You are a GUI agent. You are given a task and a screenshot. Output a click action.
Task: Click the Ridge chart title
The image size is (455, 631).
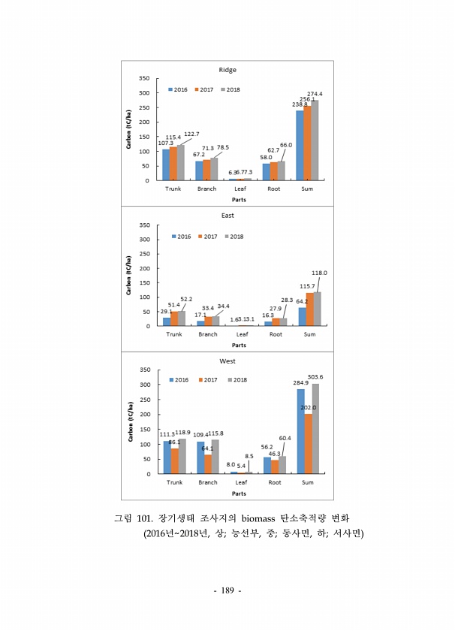coord(227,70)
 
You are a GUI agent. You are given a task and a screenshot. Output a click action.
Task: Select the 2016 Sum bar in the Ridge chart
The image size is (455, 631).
coord(300,145)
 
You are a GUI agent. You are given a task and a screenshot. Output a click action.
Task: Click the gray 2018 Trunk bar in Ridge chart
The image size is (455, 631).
coord(180,162)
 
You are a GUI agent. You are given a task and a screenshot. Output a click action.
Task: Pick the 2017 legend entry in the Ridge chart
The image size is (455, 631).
coord(203,89)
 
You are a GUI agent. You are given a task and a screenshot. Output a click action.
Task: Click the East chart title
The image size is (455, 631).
coord(227,216)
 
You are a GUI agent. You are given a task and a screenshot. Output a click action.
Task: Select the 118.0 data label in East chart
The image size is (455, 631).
coord(320,273)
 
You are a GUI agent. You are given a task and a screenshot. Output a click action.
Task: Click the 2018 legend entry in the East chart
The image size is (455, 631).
coord(234,237)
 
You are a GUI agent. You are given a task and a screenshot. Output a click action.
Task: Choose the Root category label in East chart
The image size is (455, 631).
coord(275,334)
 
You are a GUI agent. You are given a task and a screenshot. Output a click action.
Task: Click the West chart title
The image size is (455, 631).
coord(227,361)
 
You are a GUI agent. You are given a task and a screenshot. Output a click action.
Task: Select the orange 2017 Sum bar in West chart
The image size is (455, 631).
coord(308,444)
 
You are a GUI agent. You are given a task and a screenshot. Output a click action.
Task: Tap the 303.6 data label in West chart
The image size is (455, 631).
coord(315,376)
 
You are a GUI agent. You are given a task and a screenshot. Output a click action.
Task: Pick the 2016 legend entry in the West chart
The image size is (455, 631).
coord(177,380)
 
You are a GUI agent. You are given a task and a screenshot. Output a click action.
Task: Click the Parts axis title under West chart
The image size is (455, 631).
coord(239,494)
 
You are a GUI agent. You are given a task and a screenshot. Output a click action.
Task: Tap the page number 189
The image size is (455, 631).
coord(227,591)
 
